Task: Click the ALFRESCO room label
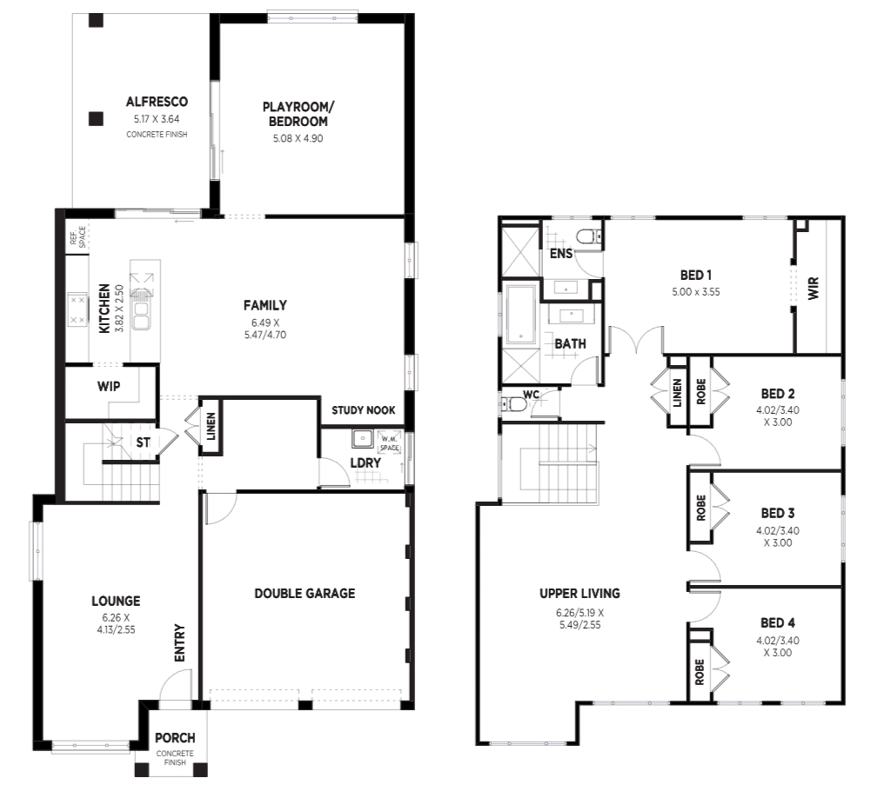157,102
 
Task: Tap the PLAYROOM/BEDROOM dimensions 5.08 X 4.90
298,138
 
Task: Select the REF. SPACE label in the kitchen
77,237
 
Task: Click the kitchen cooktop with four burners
77,309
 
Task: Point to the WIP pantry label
109,386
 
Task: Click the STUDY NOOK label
364,410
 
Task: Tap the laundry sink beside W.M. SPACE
363,438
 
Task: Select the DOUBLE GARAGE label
305,593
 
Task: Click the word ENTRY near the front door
179,642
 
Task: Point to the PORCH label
175,737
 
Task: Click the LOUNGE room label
116,601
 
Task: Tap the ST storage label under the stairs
144,442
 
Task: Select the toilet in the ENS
587,237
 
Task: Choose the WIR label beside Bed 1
814,289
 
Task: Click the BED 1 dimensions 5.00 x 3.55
695,292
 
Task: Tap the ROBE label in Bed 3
700,508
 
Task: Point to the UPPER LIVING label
580,593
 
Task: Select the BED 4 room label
778,622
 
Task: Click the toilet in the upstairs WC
514,404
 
